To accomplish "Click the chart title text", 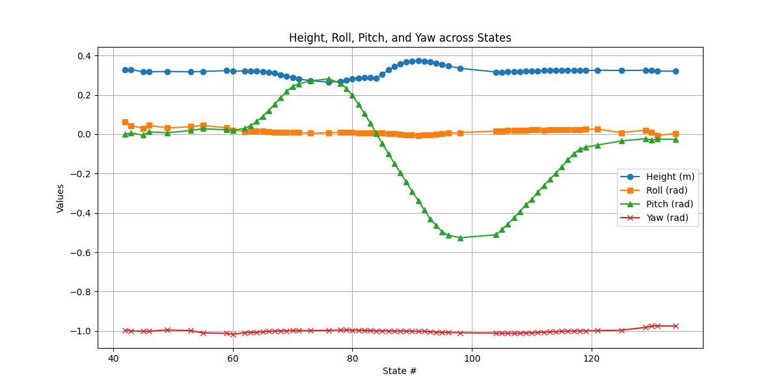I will (x=400, y=38).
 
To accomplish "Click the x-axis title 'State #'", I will (x=400, y=371).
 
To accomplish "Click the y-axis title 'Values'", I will (x=61, y=197).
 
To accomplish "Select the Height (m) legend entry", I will (x=657, y=177).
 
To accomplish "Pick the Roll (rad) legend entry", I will (x=657, y=190).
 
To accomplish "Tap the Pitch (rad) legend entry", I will (x=657, y=204).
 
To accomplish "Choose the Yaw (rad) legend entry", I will (x=657, y=218).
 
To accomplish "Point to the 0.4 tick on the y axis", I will (x=83, y=56).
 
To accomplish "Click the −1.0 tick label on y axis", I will (x=81, y=331).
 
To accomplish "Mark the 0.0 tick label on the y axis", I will (x=83, y=134).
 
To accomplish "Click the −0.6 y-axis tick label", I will (x=81, y=253).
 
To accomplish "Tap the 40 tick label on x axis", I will (x=113, y=359).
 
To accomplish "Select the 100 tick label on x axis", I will (x=472, y=359).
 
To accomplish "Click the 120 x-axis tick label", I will (x=592, y=359).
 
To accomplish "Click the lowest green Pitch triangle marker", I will (x=460, y=238).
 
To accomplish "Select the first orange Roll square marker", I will (x=125, y=122).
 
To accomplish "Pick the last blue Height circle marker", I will (x=676, y=71).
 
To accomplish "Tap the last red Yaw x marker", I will (x=676, y=326).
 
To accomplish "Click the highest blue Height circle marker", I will (x=418, y=61).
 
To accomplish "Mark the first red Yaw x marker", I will (x=125, y=330).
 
